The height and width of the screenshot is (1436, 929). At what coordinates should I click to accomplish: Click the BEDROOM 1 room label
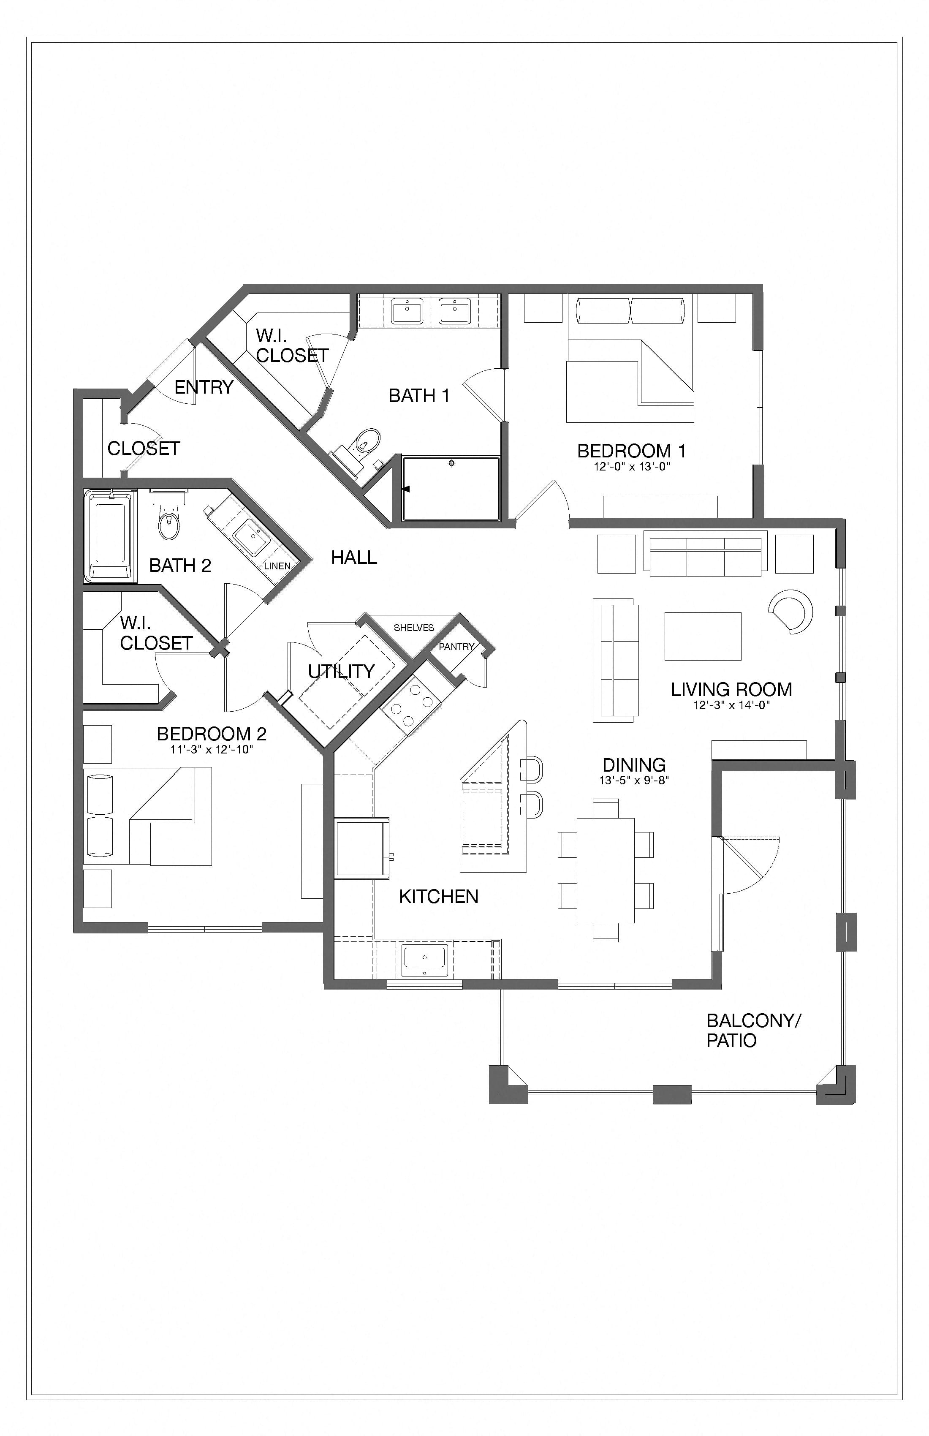click(x=632, y=451)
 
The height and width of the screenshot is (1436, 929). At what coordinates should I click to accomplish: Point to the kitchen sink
click(x=424, y=960)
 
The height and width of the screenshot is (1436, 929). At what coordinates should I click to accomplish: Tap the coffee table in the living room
click(x=703, y=636)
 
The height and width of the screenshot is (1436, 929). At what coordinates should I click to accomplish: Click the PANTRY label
click(x=456, y=647)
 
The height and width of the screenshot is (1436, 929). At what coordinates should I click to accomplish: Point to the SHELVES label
click(x=414, y=628)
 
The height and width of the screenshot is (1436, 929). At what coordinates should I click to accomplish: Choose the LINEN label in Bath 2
click(x=277, y=566)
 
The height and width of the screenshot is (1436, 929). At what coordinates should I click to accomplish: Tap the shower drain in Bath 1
click(x=451, y=463)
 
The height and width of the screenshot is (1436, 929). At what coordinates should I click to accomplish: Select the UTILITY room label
click(x=342, y=671)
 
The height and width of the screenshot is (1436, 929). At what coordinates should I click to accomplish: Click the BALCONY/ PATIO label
click(x=753, y=1031)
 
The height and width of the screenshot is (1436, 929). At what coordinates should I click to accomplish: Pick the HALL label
click(x=354, y=557)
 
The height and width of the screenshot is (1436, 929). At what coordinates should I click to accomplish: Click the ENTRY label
click(x=204, y=387)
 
